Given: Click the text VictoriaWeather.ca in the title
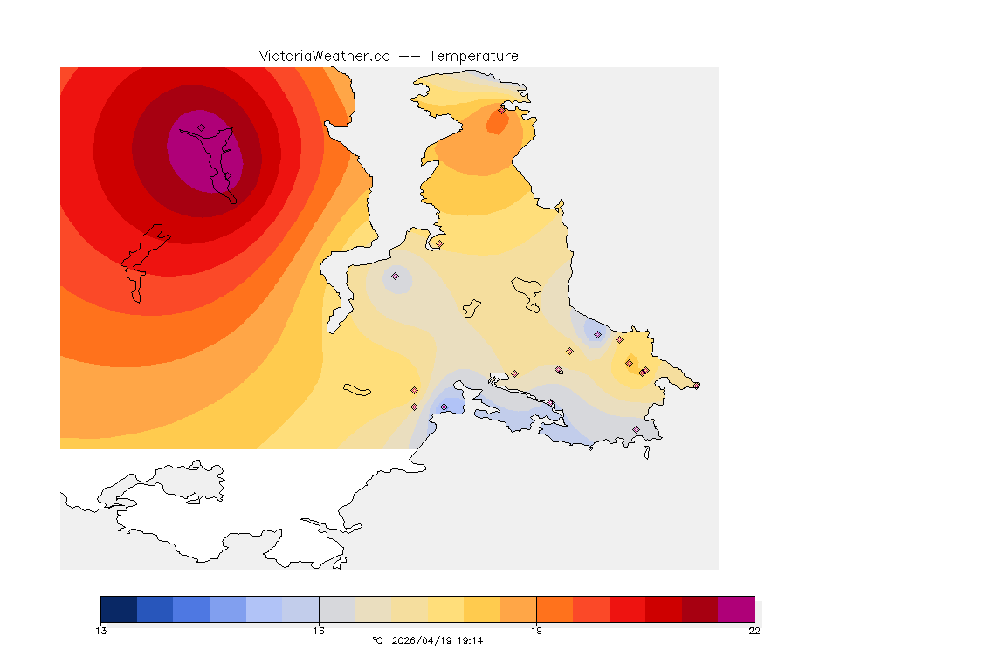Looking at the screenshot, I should [324, 56].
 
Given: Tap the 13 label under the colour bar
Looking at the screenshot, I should [101, 631].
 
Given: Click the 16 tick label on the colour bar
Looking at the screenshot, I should [319, 631].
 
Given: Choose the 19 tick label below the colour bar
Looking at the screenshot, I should [536, 631].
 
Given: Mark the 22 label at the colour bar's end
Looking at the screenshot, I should [754, 631].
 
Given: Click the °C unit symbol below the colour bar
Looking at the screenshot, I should [377, 641].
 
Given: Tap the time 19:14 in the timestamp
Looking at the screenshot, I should [470, 641].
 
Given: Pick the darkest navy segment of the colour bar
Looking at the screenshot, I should [119, 609].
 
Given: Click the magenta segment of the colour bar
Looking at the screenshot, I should [736, 609].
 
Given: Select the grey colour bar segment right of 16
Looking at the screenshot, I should [336, 609].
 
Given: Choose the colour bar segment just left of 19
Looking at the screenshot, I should [518, 609].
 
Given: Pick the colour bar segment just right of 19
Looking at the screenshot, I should [555, 609].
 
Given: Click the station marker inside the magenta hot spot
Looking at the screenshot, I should [202, 127].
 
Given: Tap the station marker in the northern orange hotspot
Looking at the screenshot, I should [501, 110].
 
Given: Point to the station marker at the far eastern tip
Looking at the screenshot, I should [696, 386].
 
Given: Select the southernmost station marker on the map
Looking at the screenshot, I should [636, 429].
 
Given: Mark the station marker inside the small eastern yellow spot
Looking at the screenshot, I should [629, 363].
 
